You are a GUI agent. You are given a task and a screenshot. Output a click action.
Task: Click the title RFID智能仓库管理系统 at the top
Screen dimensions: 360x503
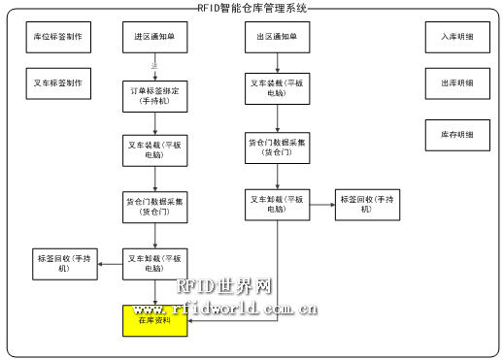point(251,8)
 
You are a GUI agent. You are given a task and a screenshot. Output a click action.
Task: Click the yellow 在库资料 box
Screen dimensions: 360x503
point(154,320)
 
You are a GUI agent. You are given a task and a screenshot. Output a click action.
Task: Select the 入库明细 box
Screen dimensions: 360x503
point(456,40)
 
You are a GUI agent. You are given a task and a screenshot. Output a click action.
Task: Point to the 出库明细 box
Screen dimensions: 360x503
point(456,83)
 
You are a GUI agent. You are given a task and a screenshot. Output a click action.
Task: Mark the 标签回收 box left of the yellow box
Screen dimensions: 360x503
point(64,263)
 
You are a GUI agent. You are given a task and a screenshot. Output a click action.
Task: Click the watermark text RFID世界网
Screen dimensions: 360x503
point(223,286)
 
